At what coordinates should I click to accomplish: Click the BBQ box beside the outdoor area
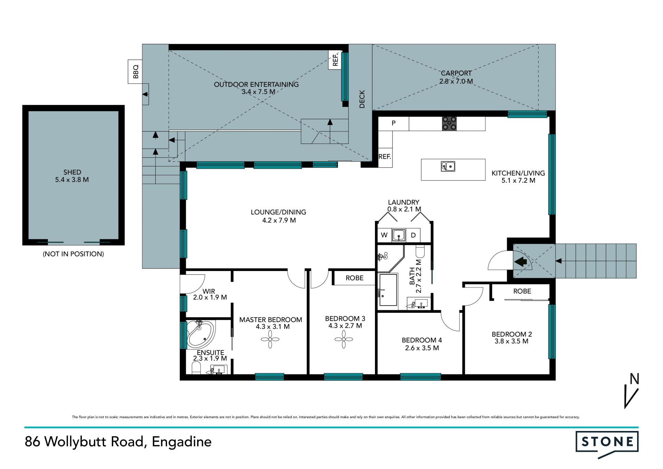pyautogui.click(x=135, y=72)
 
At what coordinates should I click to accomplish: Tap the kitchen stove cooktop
pyautogui.click(x=449, y=123)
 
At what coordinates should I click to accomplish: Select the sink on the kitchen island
pyautogui.click(x=448, y=167)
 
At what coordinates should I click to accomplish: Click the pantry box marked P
pyautogui.click(x=394, y=123)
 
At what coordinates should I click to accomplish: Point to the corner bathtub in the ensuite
pyautogui.click(x=200, y=335)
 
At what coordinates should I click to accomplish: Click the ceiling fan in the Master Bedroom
pyautogui.click(x=270, y=339)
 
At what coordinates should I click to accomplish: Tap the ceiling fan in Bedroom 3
pyautogui.click(x=344, y=339)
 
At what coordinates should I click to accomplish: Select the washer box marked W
pyautogui.click(x=384, y=235)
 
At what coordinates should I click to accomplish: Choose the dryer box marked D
pyautogui.click(x=413, y=235)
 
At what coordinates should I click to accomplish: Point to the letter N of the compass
pyautogui.click(x=634, y=379)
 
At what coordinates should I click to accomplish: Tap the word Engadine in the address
pyautogui.click(x=182, y=442)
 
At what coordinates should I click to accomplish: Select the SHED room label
pyautogui.click(x=72, y=172)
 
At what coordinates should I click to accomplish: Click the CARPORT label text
pyautogui.click(x=456, y=73)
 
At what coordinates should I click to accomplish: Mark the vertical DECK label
pyautogui.click(x=362, y=99)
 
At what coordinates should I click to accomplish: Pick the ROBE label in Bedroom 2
pyautogui.click(x=522, y=291)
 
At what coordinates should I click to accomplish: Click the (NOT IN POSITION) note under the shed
pyautogui.click(x=73, y=254)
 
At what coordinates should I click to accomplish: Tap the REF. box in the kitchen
pyautogui.click(x=385, y=157)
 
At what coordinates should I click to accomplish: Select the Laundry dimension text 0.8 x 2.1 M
pyautogui.click(x=404, y=209)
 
